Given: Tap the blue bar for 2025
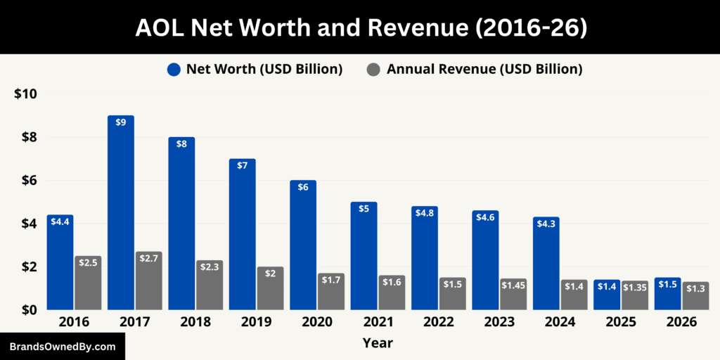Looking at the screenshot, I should coord(607,295).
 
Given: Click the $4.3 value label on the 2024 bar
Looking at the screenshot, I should coord(546,224).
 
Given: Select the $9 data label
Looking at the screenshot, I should coord(121,122).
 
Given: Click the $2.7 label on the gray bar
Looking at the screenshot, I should coord(149,258).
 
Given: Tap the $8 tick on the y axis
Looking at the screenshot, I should coord(26,137).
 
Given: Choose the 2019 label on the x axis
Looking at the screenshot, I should coord(256,321).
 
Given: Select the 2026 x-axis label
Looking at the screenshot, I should coord(681,321).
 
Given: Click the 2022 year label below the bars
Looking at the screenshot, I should coord(438,321).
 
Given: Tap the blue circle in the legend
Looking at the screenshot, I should coord(174,69).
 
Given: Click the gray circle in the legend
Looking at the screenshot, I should coord(374,69).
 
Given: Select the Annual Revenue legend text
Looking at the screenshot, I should coord(484,69).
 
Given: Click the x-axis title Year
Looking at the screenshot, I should coord(378,343).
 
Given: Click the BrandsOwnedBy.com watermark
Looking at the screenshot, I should coord(62,347).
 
